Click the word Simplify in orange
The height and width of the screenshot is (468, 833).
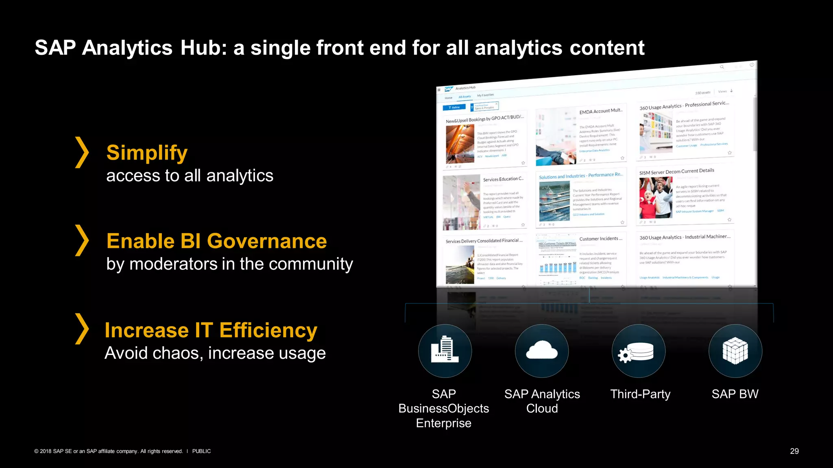point(147,153)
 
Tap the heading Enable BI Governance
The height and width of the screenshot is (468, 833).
point(216,241)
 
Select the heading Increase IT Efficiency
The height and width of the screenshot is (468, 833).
point(211,330)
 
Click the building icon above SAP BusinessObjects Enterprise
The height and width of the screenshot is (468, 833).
point(445,351)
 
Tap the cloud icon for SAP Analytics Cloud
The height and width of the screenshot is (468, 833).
point(542,351)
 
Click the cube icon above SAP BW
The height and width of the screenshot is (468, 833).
point(735,351)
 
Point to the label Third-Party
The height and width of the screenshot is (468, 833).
point(640,394)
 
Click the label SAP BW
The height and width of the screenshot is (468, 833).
point(735,394)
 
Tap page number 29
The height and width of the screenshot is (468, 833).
point(794,451)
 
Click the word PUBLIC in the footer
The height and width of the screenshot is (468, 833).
point(201,451)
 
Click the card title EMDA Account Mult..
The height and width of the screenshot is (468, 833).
point(601,111)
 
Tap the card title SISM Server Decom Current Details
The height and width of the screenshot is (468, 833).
point(676,171)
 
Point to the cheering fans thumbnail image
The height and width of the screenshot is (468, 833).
point(655,198)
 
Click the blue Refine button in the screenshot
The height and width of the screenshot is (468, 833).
point(454,107)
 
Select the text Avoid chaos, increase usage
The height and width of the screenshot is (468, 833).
point(215,353)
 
